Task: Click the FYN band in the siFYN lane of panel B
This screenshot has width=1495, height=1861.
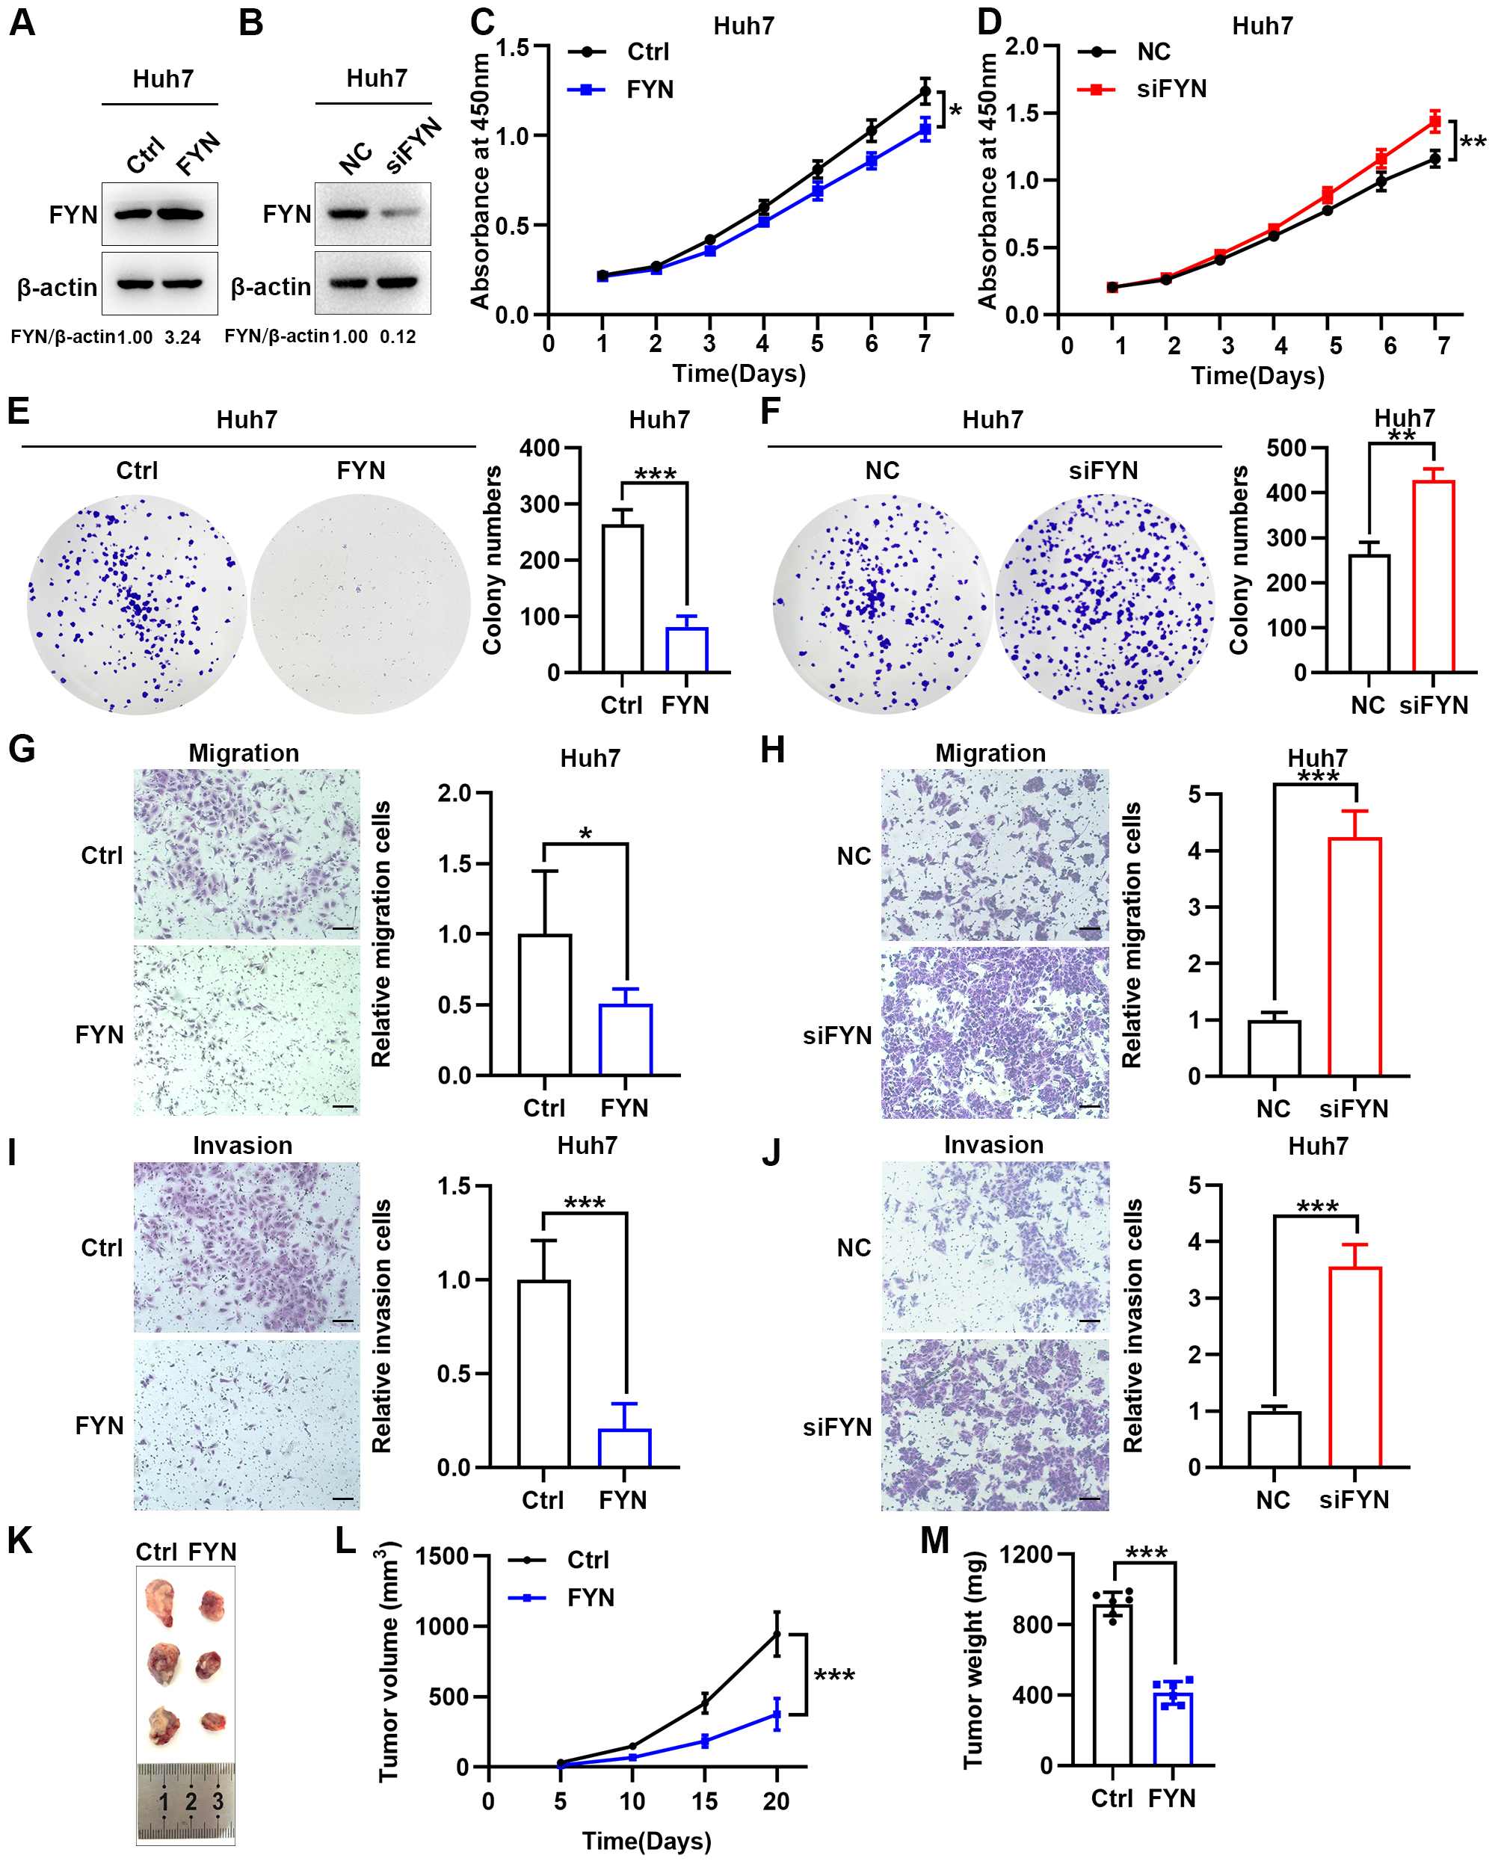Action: pos(402,212)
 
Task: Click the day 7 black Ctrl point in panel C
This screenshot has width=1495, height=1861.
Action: pos(925,90)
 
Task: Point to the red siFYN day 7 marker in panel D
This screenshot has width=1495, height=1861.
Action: pos(1434,122)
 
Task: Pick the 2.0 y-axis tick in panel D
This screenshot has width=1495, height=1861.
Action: pos(1022,46)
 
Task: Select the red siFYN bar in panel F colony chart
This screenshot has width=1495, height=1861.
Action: pos(1433,575)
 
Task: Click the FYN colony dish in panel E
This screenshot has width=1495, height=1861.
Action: pos(361,603)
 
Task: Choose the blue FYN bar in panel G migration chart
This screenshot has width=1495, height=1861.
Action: pos(626,1040)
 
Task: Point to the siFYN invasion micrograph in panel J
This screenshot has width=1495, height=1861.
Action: pos(994,1425)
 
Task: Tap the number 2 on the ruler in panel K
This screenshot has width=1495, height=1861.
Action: pos(191,1801)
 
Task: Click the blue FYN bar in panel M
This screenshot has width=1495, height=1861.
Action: pos(1173,1728)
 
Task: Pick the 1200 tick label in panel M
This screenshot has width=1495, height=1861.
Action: pos(1026,1554)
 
